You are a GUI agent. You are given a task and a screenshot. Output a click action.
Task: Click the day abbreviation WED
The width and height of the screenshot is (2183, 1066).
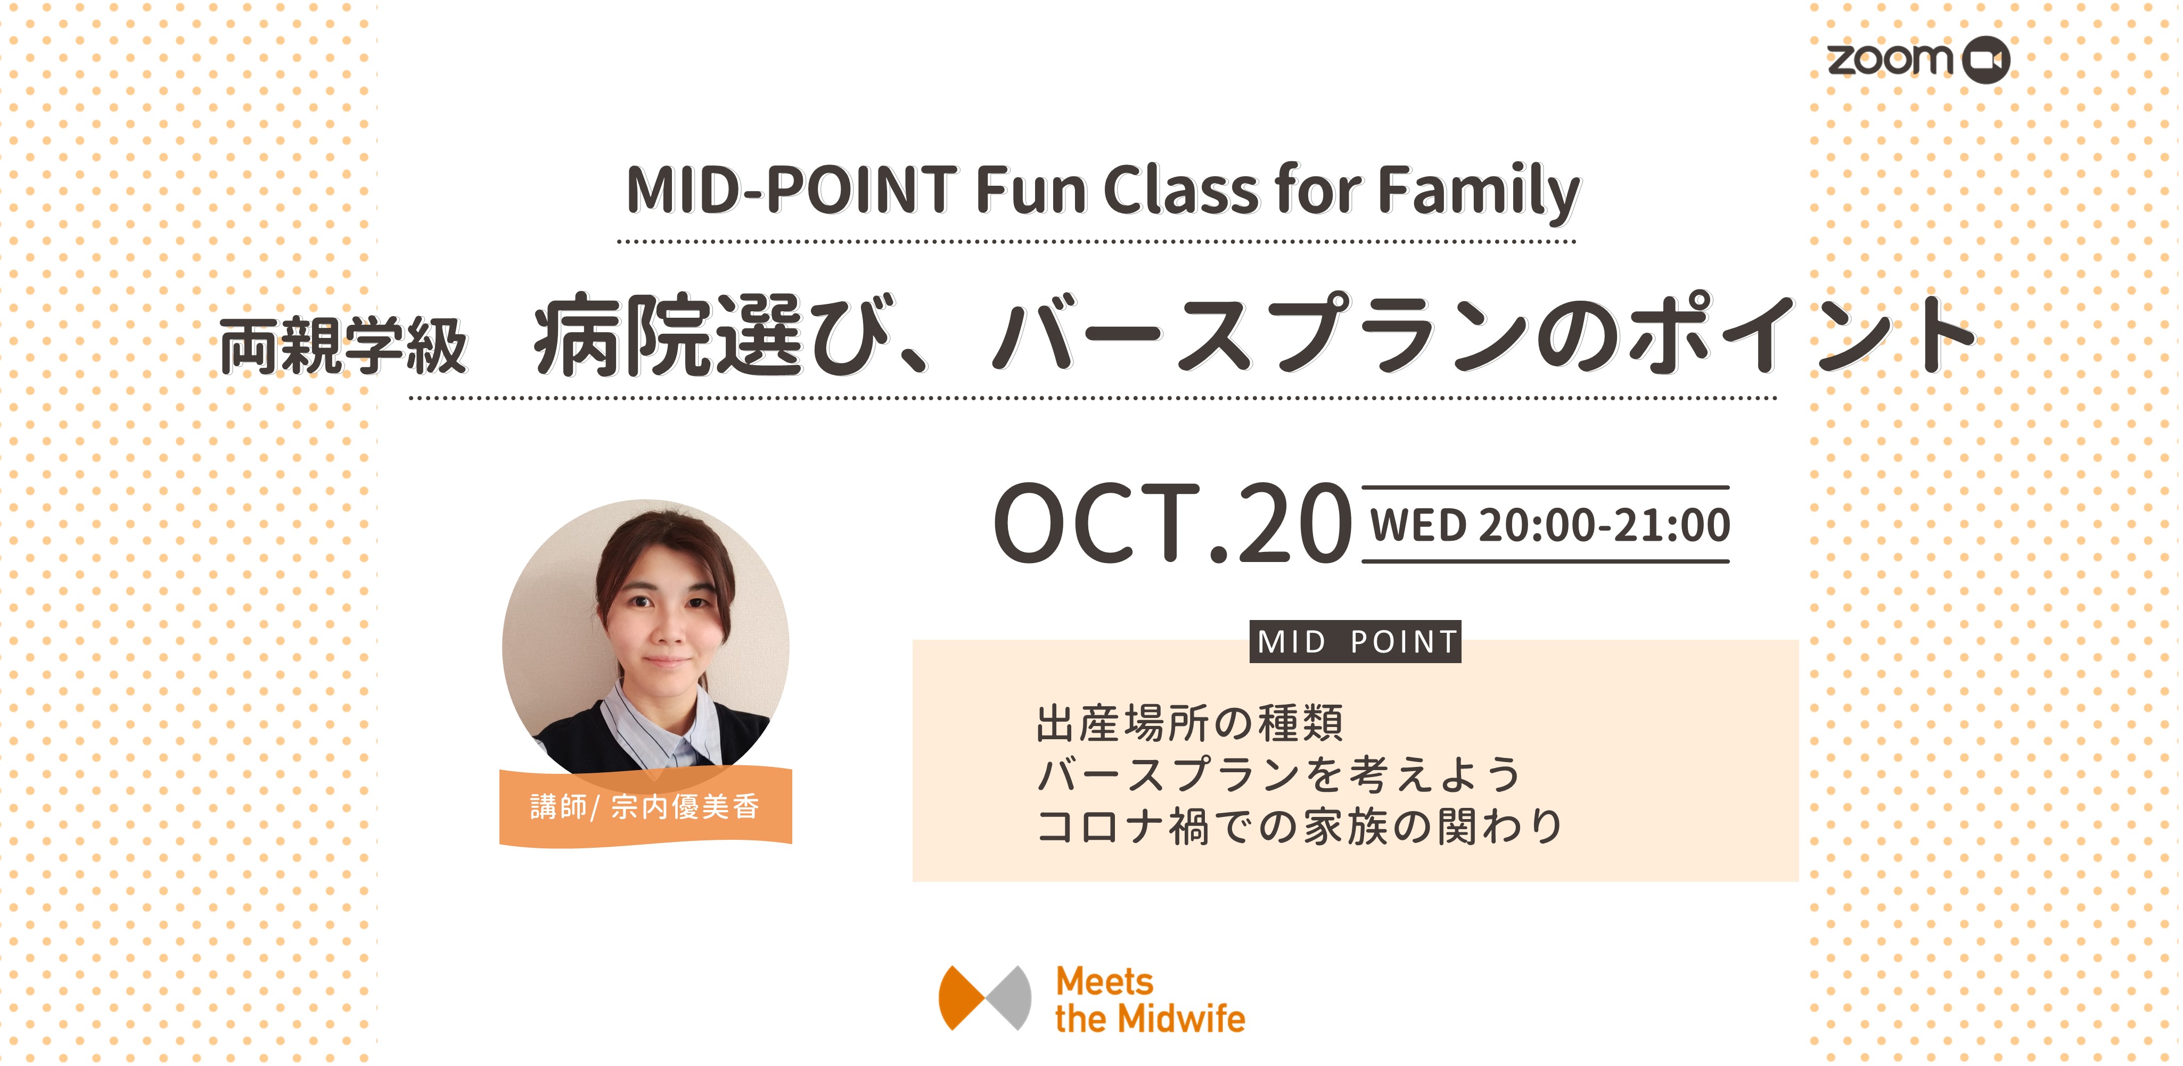point(1418,525)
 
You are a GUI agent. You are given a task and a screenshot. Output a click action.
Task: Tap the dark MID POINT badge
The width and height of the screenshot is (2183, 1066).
point(1356,641)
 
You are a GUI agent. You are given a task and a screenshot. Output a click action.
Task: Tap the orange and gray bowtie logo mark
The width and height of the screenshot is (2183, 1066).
point(984,997)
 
